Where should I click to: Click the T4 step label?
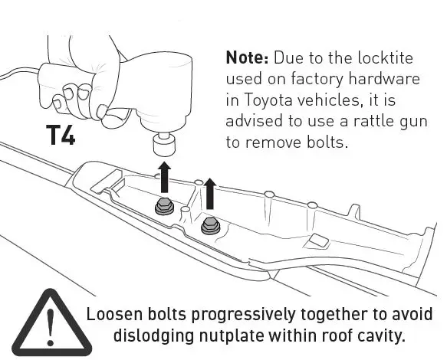(x=61, y=136)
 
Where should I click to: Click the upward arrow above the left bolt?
(x=164, y=174)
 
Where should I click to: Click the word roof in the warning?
(x=337, y=335)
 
